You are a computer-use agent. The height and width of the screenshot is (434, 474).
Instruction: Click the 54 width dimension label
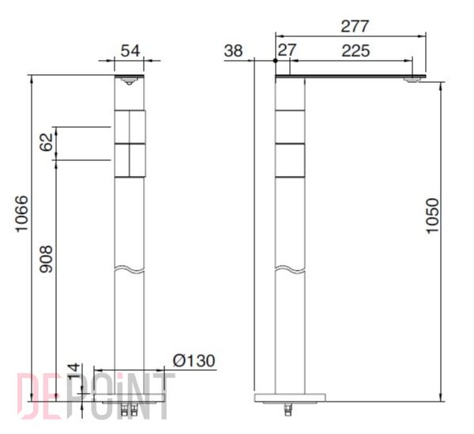click(130, 51)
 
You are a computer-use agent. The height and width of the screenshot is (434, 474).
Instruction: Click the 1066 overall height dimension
click(22, 214)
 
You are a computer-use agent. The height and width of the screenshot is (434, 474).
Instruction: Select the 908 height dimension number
click(47, 259)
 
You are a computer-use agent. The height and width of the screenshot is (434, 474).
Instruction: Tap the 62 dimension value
click(47, 142)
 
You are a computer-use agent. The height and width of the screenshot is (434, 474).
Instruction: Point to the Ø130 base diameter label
click(194, 361)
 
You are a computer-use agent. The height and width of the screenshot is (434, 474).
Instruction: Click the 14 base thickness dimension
click(73, 372)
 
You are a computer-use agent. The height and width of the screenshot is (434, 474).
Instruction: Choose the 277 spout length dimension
click(355, 26)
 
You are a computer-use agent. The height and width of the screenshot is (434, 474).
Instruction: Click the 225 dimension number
click(355, 51)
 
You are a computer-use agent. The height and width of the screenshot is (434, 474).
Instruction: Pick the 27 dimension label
click(288, 51)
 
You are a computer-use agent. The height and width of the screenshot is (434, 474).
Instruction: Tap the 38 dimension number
click(233, 51)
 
